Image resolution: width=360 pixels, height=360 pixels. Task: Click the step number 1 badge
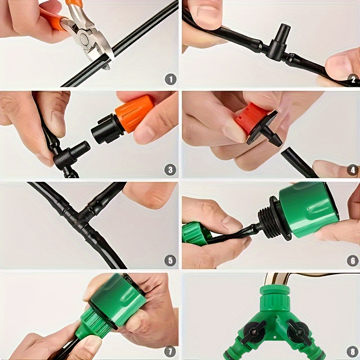[170, 80]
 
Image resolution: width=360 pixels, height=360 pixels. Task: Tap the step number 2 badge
[352, 80]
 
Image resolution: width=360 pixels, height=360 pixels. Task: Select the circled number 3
[170, 170]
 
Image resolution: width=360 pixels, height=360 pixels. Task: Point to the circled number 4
[352, 170]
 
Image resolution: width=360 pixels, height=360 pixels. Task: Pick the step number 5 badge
[170, 260]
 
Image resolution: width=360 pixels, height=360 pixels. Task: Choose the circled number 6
[352, 260]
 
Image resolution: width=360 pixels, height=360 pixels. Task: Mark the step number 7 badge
[170, 350]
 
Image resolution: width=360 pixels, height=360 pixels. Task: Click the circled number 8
[352, 350]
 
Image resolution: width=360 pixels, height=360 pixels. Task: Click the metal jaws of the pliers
[92, 43]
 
